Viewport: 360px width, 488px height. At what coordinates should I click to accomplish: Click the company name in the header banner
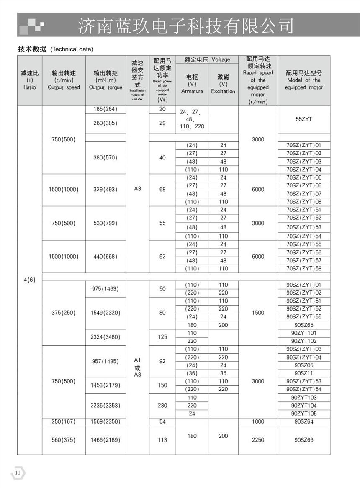pyautogui.click(x=185, y=26)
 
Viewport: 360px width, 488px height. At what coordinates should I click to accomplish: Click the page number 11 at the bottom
pyautogui.click(x=18, y=473)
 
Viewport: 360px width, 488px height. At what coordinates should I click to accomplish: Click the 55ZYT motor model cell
pyautogui.click(x=304, y=119)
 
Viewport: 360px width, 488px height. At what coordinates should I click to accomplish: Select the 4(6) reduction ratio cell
pyautogui.click(x=29, y=280)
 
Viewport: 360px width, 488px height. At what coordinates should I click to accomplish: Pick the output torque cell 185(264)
pyautogui.click(x=105, y=109)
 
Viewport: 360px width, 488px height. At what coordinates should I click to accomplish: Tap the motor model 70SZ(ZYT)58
pyautogui.click(x=304, y=269)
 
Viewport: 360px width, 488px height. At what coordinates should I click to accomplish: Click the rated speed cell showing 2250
pyautogui.click(x=258, y=440)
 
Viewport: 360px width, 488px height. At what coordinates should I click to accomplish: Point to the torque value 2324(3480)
pyautogui.click(x=105, y=337)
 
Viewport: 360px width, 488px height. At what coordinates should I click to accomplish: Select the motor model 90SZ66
pyautogui.click(x=304, y=440)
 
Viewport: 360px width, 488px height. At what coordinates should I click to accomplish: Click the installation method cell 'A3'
pyautogui.click(x=137, y=189)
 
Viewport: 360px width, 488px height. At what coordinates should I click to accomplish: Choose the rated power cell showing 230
pyautogui.click(x=162, y=406)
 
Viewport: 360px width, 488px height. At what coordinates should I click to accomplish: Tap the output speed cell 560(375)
pyautogui.click(x=64, y=440)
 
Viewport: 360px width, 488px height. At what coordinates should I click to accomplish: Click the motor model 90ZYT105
pyautogui.click(x=304, y=414)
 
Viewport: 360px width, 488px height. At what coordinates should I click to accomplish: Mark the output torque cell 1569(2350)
pyautogui.click(x=105, y=421)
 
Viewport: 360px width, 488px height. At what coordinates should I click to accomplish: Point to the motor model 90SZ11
pyautogui.click(x=304, y=373)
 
